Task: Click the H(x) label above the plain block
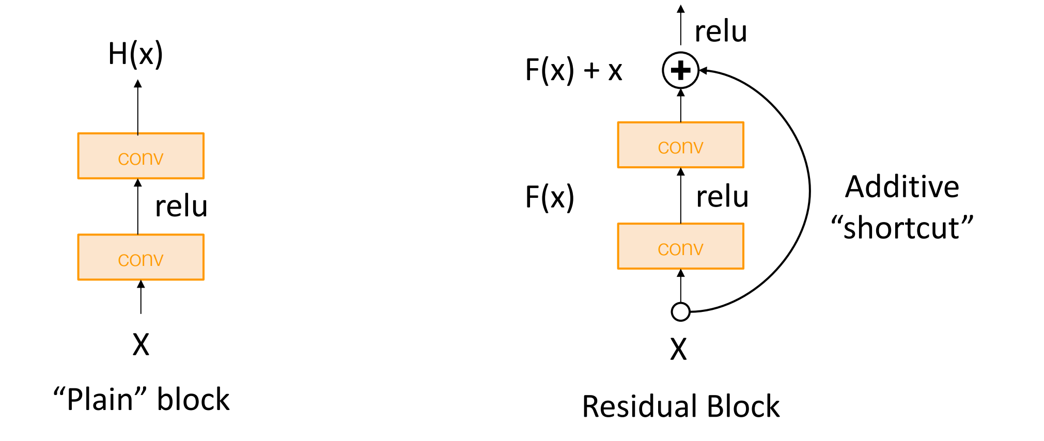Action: [135, 54]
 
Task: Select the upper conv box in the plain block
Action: [141, 156]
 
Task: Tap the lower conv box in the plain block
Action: [141, 257]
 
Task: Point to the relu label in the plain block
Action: [181, 207]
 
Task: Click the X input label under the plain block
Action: [141, 344]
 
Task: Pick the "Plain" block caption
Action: [141, 399]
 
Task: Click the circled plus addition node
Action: [680, 70]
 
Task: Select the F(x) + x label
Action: [573, 70]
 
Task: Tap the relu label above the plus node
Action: [721, 31]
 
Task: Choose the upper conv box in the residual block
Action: [680, 145]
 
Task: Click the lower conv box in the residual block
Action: [680, 246]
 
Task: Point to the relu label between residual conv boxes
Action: [722, 197]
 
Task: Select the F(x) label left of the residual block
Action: [550, 197]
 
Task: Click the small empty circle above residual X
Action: [680, 312]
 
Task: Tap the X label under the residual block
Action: [678, 350]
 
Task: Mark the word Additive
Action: [902, 186]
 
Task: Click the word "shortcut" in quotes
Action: [902, 228]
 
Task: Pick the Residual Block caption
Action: [680, 406]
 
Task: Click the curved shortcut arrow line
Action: [809, 191]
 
